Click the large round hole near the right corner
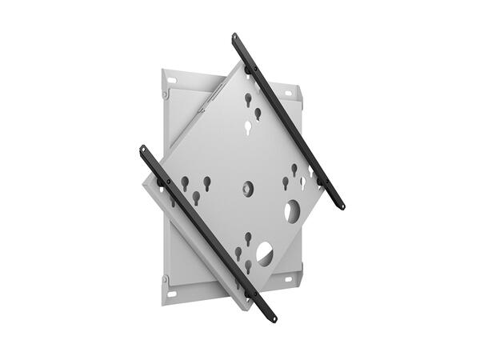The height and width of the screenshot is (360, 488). [292, 211]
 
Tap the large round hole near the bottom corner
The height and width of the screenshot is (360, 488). [264, 254]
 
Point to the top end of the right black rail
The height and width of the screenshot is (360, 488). [236, 38]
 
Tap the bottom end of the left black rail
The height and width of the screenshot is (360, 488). [272, 318]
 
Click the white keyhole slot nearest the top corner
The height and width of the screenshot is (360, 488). [247, 126]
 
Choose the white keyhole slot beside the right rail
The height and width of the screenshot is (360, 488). [303, 182]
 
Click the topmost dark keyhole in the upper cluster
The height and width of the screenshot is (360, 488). [248, 99]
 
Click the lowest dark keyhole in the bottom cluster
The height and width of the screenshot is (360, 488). [248, 265]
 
